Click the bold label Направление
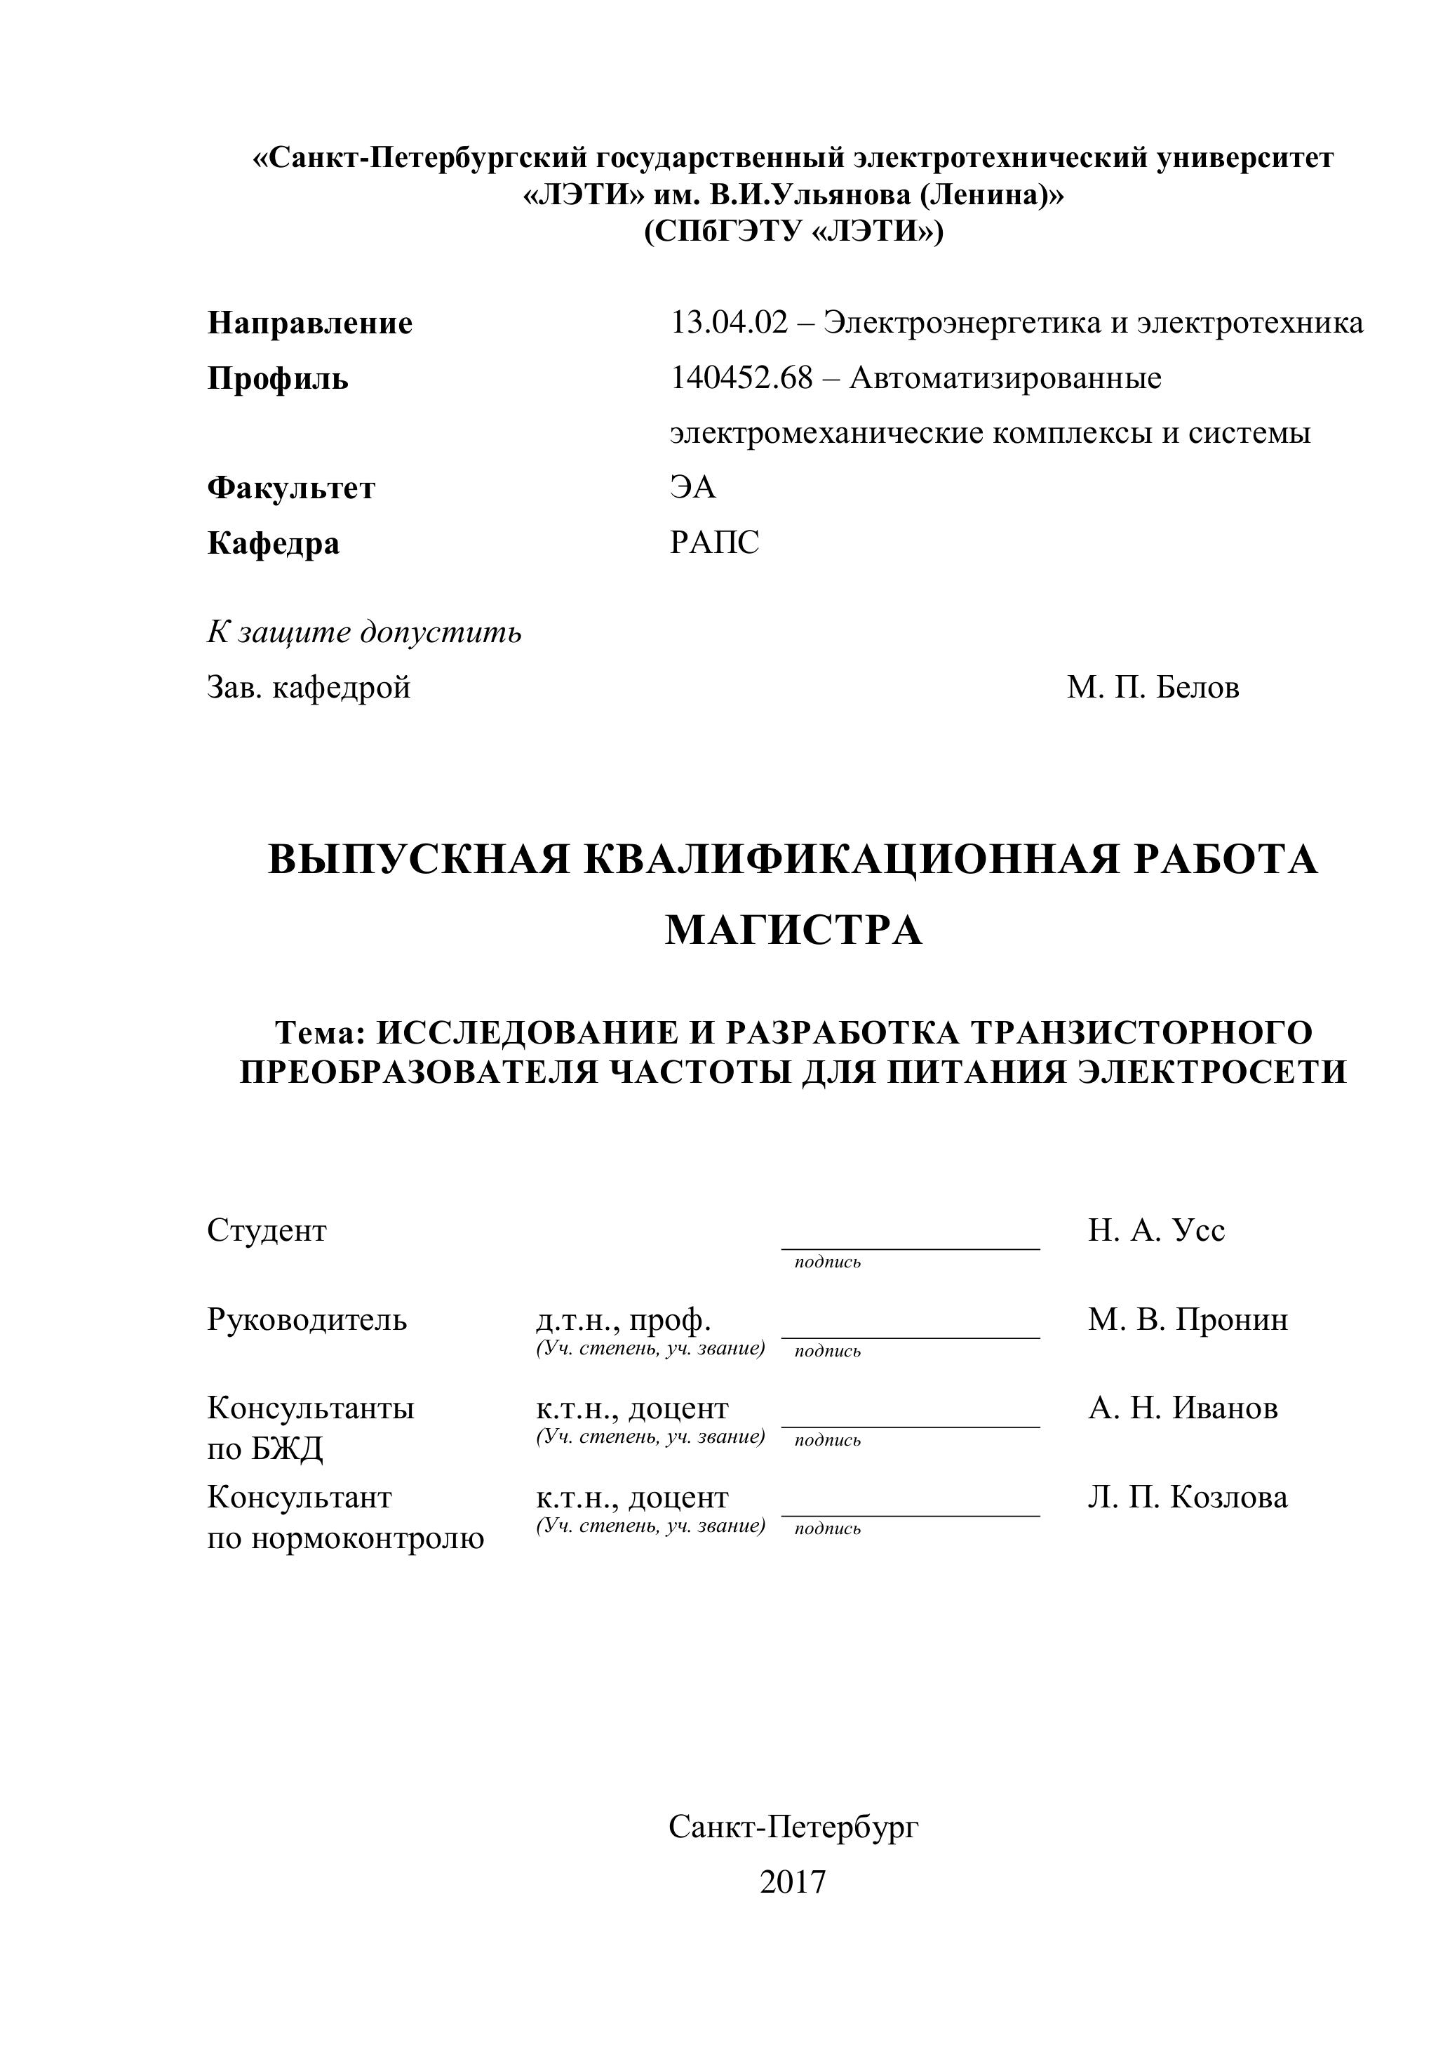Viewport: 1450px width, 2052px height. tap(310, 324)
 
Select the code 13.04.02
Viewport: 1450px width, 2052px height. tap(729, 323)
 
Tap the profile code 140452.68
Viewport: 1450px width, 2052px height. tap(741, 378)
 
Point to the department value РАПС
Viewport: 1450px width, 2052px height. tap(715, 542)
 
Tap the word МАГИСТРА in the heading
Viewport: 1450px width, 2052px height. tap(793, 931)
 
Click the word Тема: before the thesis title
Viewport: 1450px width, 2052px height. tap(321, 1032)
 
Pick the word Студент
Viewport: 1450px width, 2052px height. tap(267, 1231)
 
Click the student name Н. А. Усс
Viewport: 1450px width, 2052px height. tap(1156, 1231)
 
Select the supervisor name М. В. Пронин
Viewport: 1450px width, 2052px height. tap(1188, 1319)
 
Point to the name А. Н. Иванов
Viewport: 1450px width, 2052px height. tap(1183, 1408)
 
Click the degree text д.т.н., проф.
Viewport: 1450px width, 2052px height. tap(624, 1319)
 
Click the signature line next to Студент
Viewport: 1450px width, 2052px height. tap(911, 1247)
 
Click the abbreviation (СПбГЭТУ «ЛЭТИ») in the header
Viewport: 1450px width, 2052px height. tap(793, 232)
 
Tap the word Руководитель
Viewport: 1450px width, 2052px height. tap(307, 1319)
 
